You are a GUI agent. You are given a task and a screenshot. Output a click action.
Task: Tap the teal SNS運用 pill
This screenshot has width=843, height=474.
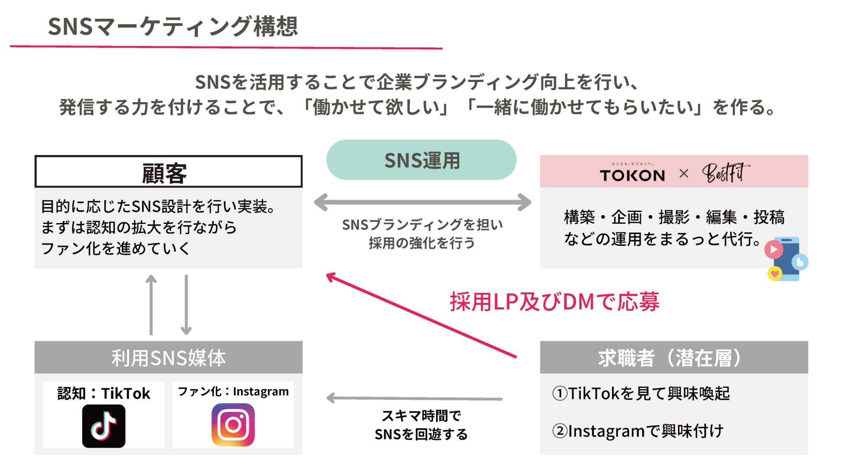click(x=421, y=160)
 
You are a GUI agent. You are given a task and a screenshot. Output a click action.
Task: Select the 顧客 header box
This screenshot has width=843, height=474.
click(x=168, y=172)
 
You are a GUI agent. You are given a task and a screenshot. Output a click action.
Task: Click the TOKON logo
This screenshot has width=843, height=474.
click(x=632, y=175)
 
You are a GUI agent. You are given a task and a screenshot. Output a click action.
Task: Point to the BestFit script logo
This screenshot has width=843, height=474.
click(x=725, y=173)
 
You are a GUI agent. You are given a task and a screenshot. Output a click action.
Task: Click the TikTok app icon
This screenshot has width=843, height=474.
click(x=104, y=426)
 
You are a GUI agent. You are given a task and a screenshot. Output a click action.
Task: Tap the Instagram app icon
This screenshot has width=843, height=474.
click(x=233, y=425)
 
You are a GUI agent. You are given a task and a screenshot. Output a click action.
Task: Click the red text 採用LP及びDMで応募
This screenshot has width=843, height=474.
click(x=554, y=302)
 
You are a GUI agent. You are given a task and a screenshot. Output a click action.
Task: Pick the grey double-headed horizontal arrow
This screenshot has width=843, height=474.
click(x=422, y=202)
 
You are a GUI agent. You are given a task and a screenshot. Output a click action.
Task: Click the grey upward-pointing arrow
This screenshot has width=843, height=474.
click(x=151, y=304)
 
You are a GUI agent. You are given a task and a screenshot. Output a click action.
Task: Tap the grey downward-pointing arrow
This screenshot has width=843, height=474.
click(x=186, y=304)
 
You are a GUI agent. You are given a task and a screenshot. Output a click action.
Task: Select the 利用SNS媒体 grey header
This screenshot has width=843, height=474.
click(x=168, y=358)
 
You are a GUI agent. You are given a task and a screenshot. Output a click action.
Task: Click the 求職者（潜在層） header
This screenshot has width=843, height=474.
click(x=673, y=358)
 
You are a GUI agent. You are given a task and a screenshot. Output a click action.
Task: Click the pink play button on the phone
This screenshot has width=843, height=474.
click(x=773, y=249)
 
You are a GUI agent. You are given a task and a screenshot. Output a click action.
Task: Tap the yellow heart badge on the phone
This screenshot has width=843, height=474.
click(x=775, y=273)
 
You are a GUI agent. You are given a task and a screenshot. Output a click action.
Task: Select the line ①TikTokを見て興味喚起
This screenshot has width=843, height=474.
click(x=641, y=393)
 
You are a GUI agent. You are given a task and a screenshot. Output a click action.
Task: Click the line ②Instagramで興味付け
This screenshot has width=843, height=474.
click(x=638, y=431)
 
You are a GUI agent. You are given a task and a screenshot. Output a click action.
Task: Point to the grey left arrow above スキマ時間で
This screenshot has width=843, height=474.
click(x=414, y=398)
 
